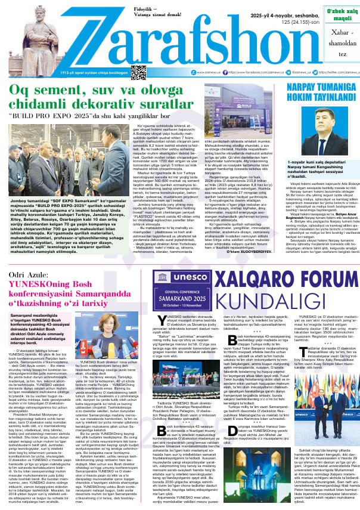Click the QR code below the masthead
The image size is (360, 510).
pyautogui.click(x=138, y=72)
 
